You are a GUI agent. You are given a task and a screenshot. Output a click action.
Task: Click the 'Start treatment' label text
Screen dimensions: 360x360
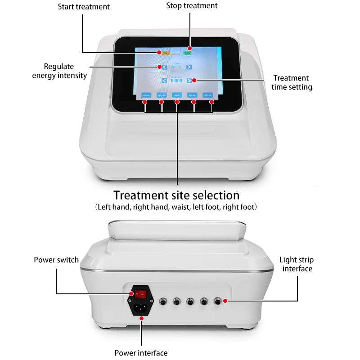tap(83, 7)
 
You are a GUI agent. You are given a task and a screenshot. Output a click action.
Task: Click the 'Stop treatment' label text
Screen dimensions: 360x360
tap(192, 6)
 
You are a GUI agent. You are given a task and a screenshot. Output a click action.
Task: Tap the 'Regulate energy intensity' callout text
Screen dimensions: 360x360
tap(59, 71)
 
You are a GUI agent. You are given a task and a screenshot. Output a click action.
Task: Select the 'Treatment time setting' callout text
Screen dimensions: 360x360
tap(292, 82)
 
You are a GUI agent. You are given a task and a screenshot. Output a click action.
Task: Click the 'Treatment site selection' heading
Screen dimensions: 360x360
tap(176, 195)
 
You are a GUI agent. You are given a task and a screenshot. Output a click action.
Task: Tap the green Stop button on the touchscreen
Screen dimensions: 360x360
tap(187, 53)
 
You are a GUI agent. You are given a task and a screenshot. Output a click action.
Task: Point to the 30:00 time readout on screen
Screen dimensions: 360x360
tap(176, 67)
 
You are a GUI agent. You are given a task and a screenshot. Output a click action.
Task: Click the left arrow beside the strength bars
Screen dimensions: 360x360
tap(165, 81)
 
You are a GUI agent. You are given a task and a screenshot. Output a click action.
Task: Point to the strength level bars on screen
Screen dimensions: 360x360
tap(177, 81)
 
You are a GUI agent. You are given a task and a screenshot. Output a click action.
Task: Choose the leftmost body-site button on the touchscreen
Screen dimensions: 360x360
tap(146, 95)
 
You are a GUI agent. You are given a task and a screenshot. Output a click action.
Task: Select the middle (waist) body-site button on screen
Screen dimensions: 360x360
tap(176, 95)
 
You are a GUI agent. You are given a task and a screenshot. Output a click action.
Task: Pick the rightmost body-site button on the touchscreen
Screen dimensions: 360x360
tap(207, 95)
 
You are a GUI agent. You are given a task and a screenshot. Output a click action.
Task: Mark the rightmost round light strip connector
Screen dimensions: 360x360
tap(218, 301)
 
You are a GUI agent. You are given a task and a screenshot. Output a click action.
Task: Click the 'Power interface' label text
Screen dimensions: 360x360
tap(141, 353)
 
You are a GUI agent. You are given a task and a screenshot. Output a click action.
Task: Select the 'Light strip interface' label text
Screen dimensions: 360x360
tap(297, 264)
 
